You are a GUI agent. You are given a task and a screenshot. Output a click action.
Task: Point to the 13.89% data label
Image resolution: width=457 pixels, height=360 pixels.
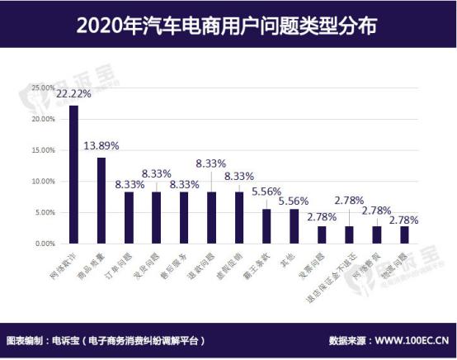tap(101, 145)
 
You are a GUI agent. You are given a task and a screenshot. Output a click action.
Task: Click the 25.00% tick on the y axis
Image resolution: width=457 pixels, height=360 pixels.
tap(43, 87)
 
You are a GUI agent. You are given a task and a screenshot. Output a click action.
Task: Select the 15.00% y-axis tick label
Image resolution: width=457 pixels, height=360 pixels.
tap(43, 150)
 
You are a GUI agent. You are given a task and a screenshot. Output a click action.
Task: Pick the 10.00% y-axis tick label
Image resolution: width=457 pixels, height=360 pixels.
tap(43, 182)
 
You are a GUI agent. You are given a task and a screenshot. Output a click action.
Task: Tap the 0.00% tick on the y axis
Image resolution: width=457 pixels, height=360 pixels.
tap(45, 244)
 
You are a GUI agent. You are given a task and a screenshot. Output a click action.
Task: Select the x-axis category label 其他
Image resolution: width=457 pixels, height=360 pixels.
tap(287, 258)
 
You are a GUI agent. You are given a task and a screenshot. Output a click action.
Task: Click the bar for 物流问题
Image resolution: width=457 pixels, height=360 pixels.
tap(404, 235)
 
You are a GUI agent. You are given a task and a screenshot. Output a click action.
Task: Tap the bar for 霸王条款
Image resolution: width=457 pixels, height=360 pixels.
tap(266, 227)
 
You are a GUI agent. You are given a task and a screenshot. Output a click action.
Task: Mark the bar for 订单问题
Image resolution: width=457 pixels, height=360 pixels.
tap(129, 218)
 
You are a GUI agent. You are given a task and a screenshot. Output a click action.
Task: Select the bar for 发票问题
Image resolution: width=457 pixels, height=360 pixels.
tap(322, 235)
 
